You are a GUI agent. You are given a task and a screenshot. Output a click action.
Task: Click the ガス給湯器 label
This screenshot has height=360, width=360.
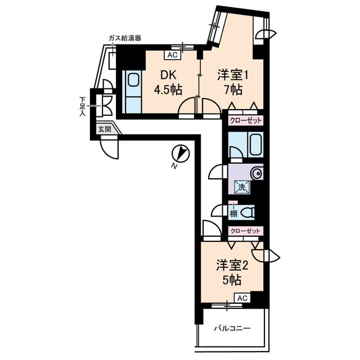(124, 38)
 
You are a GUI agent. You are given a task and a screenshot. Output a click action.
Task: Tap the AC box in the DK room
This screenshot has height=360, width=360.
(172, 55)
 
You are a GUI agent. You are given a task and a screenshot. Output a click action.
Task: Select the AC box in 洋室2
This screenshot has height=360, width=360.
(241, 298)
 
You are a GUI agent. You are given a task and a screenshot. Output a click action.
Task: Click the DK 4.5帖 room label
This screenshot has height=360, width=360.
(169, 82)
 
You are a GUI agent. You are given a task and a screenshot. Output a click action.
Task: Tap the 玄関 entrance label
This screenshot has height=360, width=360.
(105, 129)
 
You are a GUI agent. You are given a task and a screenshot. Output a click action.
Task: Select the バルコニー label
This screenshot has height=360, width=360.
(232, 328)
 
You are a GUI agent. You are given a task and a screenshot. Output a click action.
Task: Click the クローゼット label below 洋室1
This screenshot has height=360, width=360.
(245, 120)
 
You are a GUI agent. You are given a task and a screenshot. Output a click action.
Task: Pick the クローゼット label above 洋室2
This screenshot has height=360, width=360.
(245, 231)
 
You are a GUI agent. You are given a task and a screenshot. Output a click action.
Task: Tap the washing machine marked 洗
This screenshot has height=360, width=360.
(241, 187)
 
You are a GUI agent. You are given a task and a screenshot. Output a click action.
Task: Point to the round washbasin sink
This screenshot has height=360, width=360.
(257, 173)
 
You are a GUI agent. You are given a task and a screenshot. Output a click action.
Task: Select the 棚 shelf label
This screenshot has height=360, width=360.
(232, 213)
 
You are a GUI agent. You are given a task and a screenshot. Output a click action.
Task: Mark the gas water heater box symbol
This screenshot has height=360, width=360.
(112, 56)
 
